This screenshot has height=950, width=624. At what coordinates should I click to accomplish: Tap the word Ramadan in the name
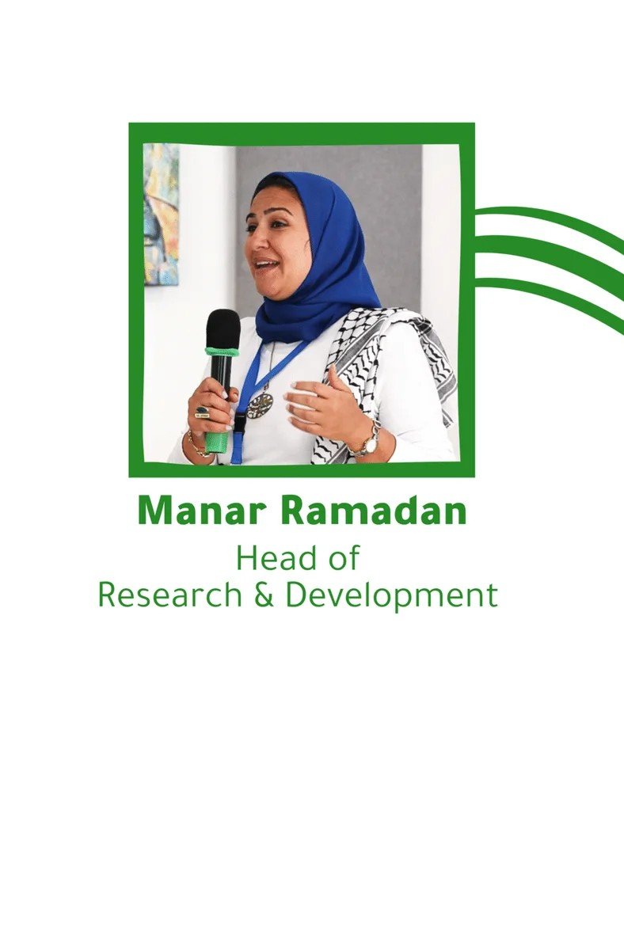click(x=373, y=512)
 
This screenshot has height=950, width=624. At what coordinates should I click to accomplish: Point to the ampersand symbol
click(x=264, y=595)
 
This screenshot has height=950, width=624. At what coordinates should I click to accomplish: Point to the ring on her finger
click(x=202, y=412)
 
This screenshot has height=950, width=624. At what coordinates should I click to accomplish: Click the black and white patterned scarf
click(x=382, y=373)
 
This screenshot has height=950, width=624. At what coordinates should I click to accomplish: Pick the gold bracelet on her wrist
click(x=198, y=446)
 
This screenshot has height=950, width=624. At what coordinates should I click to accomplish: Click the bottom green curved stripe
click(x=551, y=291)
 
